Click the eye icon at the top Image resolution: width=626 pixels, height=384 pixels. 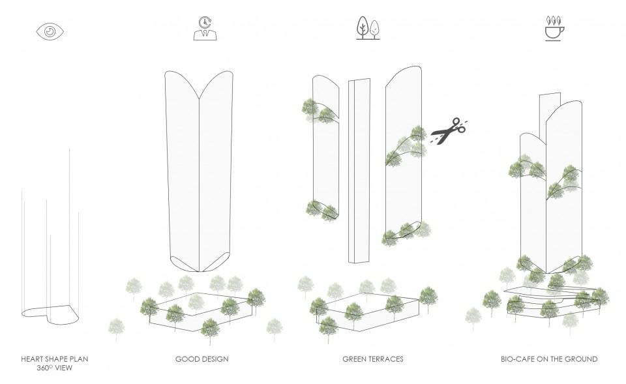(x=50, y=31)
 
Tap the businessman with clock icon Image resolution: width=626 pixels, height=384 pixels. (x=205, y=28)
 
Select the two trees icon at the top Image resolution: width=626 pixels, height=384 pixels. (x=368, y=28)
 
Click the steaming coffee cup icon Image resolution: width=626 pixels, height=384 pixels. (x=555, y=28)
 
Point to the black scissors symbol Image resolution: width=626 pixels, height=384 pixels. (x=449, y=131)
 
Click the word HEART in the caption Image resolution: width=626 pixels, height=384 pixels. (x=33, y=359)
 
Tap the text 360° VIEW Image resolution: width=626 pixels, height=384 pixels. (x=55, y=368)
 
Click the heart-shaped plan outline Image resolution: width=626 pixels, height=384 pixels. (x=50, y=314)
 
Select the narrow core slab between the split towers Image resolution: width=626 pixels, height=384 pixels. (x=359, y=170)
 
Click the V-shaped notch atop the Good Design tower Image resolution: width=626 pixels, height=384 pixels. (x=200, y=96)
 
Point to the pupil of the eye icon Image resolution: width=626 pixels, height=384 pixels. (x=50, y=31)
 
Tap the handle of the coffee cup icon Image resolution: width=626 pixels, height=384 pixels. (x=563, y=31)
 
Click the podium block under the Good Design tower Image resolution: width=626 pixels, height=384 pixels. (x=201, y=312)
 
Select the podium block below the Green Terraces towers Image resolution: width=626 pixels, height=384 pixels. (x=368, y=312)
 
